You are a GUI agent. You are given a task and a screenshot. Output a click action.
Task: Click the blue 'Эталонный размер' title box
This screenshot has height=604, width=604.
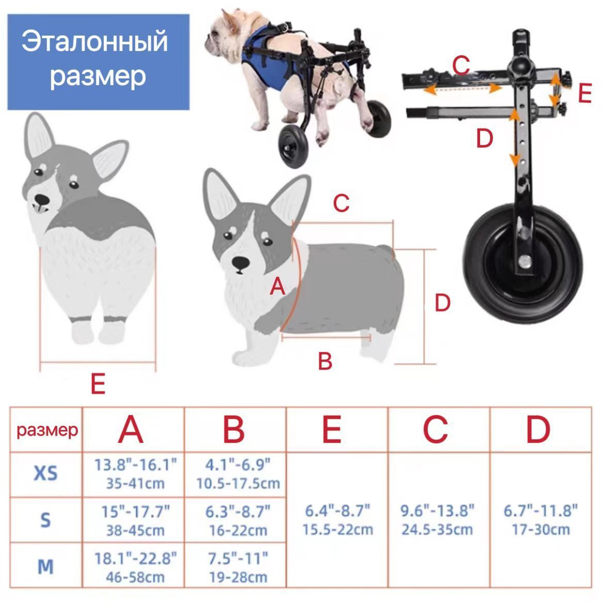point(98,61)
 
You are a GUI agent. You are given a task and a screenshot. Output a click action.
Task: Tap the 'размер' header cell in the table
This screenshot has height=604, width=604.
point(47,430)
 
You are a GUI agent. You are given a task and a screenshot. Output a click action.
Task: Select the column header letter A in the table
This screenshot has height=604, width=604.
point(131,430)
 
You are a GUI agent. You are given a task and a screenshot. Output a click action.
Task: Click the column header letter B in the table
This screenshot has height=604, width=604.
point(234,430)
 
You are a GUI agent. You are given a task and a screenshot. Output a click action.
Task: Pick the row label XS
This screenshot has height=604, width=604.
point(45,474)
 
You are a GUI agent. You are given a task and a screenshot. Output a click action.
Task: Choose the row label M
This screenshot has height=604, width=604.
point(45,567)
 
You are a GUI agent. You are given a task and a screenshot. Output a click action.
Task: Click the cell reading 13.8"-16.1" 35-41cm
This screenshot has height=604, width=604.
point(135,474)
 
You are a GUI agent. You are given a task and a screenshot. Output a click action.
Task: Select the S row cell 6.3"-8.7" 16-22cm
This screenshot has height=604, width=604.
point(236,521)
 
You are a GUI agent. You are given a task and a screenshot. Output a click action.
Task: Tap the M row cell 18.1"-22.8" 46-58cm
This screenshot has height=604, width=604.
point(135,567)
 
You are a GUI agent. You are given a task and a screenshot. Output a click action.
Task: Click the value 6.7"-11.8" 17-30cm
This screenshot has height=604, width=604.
point(541,520)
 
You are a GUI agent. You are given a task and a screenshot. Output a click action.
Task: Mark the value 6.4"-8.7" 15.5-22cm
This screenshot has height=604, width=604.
point(338,520)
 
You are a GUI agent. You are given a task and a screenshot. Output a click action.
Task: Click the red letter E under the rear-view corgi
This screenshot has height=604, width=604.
point(98,384)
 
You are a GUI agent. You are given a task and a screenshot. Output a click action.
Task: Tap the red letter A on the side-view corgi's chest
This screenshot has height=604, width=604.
point(277,287)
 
